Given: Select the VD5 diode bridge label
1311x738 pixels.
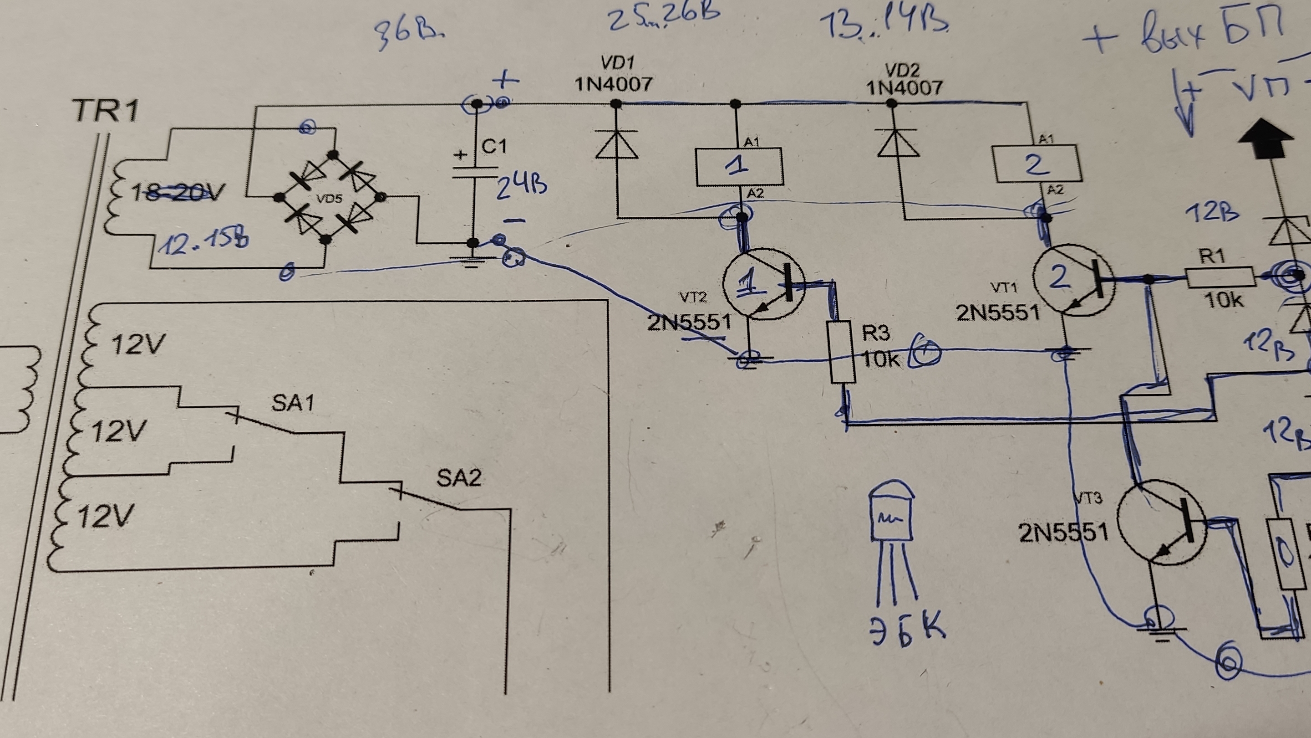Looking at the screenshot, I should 329,198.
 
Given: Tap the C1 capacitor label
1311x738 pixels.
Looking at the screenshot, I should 493,147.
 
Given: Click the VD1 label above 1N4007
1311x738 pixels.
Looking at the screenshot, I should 617,63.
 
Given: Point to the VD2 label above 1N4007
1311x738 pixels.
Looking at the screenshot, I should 902,69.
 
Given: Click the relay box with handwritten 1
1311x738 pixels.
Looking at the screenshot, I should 739,167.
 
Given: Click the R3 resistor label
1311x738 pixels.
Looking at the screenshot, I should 876,333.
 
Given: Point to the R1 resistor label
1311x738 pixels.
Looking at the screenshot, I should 1212,256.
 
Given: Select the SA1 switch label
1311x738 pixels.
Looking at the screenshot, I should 293,403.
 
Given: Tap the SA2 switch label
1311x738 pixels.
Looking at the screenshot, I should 458,478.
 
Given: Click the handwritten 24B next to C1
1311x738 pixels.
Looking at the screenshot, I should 521,186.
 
